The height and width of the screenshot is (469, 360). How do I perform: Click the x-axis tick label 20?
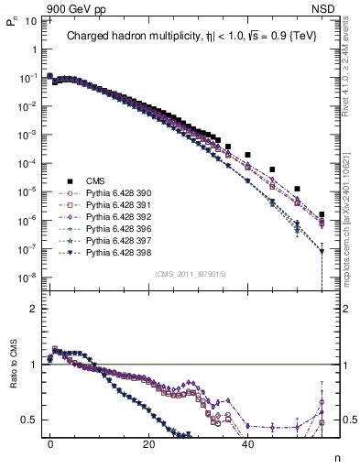coord(148,442)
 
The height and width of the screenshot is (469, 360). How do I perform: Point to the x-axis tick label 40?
coord(247,442)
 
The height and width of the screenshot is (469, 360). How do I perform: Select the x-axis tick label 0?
coord(50,442)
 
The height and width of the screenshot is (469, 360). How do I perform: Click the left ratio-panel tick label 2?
coord(33,309)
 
